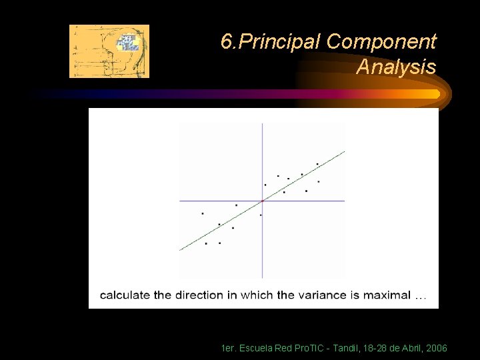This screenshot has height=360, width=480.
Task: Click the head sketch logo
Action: click(x=109, y=51)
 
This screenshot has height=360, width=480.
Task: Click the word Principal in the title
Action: click(x=280, y=43)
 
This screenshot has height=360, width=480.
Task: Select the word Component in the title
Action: click(x=381, y=43)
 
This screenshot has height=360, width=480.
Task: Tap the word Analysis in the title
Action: click(x=396, y=67)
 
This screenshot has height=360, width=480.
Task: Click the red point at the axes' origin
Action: click(x=262, y=200)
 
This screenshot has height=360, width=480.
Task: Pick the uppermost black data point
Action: click(x=317, y=164)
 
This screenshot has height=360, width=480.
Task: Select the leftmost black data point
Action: click(x=202, y=213)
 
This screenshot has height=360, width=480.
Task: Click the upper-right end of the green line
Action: click(x=344, y=152)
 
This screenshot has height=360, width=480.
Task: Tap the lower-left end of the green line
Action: click(x=181, y=249)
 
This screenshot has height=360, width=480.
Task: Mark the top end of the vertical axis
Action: click(x=262, y=124)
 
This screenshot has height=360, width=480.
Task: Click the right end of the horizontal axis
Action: click(x=344, y=200)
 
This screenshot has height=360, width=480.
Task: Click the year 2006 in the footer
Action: click(x=435, y=349)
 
